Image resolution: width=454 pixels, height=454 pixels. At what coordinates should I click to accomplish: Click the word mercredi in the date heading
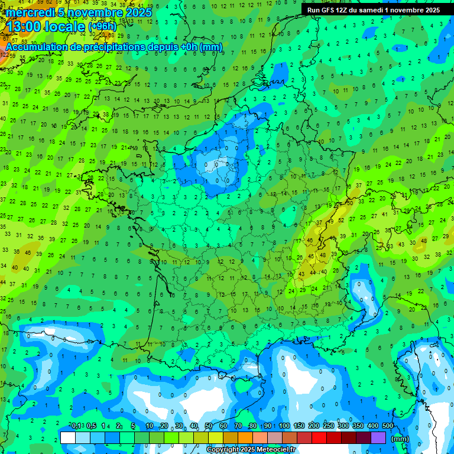point(30,12)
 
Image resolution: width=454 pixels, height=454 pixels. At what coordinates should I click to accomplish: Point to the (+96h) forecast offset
point(102,27)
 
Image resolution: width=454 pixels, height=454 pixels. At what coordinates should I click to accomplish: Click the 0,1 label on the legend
point(76,426)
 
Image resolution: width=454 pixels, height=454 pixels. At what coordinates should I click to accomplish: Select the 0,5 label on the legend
point(91,426)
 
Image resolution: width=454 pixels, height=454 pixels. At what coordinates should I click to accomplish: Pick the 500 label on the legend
point(388,426)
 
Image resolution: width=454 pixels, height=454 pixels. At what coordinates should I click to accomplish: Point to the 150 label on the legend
point(299,426)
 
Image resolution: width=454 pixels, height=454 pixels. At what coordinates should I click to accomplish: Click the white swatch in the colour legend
point(68,437)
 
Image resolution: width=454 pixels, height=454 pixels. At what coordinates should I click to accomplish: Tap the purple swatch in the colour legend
point(378,437)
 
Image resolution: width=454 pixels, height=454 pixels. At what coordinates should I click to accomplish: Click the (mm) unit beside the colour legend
point(400,439)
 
